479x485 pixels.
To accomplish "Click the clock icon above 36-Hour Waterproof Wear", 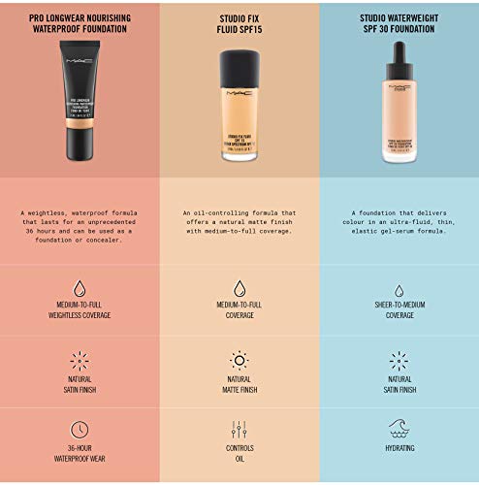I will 80,428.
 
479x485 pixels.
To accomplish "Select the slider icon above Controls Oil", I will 239,428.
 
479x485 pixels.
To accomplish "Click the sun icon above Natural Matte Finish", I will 239,361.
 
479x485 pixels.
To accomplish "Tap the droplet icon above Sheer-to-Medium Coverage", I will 399,290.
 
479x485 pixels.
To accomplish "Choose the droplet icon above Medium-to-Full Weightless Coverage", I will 80,288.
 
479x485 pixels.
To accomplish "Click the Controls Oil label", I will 239,454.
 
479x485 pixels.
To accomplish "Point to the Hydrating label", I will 399,448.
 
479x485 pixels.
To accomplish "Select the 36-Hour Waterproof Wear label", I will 80,454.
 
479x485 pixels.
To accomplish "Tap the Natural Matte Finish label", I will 239,385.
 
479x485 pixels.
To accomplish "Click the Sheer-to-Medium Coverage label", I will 399,310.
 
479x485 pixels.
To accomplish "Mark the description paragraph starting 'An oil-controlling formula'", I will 239,222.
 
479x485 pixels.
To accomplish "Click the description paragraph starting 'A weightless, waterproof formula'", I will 80,225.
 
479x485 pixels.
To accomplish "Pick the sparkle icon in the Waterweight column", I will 399,361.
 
